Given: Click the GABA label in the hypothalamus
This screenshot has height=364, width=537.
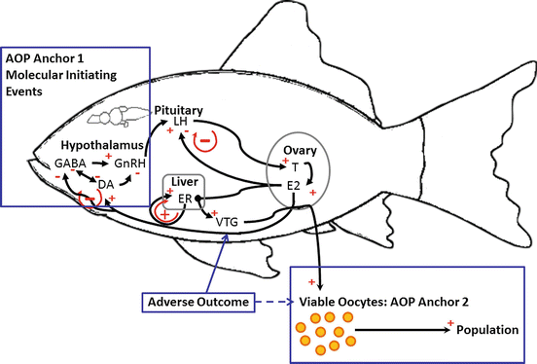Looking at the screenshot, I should pyautogui.click(x=71, y=163).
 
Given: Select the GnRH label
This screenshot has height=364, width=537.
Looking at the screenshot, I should pyautogui.click(x=131, y=163).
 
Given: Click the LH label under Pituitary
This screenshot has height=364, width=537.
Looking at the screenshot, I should pyautogui.click(x=181, y=122).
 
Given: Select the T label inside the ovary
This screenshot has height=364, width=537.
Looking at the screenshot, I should pyautogui.click(x=294, y=166).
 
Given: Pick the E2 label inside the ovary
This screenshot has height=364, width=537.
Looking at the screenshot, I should pyautogui.click(x=293, y=186).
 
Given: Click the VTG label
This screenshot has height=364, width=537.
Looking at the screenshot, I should pyautogui.click(x=226, y=222).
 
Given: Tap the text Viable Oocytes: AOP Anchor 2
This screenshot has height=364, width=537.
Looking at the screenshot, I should pyautogui.click(x=382, y=302).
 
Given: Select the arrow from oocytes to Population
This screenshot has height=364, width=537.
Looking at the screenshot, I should pyautogui.click(x=404, y=331).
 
